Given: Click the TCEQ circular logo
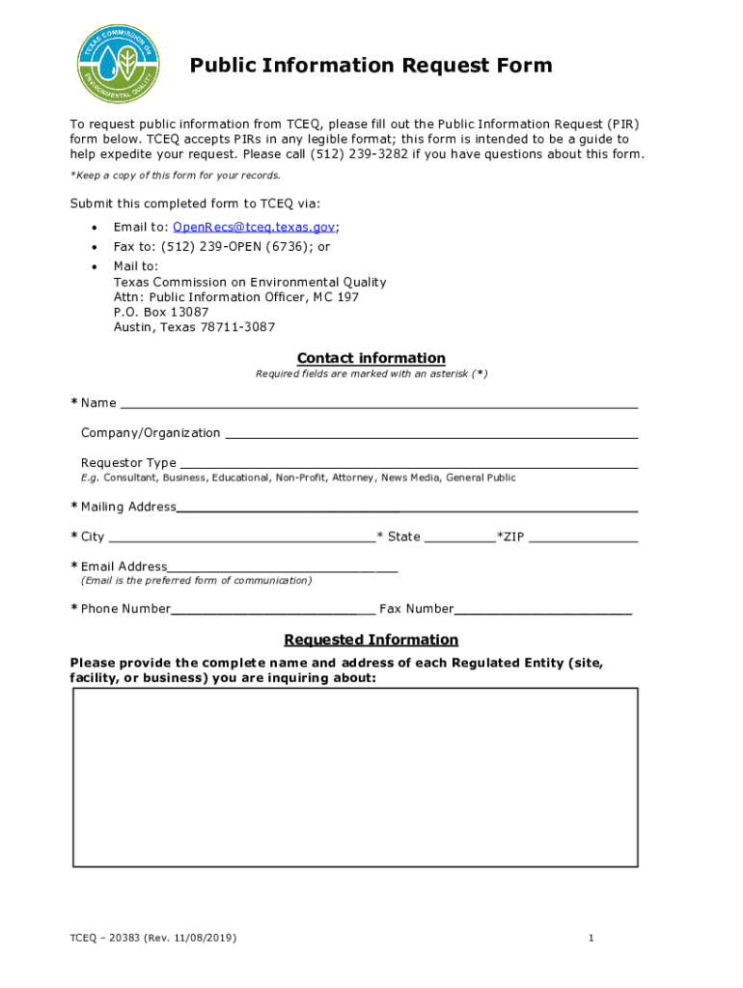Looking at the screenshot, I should (119, 63).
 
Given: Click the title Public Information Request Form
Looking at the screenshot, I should (371, 66).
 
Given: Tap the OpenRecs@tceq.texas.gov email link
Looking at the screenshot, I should (254, 227).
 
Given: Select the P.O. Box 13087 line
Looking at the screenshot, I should (161, 312).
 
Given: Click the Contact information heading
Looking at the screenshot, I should (371, 358).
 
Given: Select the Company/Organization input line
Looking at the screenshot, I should (430, 433).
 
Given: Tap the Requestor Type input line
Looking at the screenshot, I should (408, 462).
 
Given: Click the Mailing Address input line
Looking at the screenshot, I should (406, 507).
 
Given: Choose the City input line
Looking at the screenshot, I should (241, 536).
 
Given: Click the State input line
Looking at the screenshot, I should (459, 536).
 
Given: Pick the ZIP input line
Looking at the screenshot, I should (583, 536).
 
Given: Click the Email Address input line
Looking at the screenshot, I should (282, 566).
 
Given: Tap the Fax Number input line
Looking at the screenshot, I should (543, 609).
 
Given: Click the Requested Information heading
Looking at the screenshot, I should (371, 640).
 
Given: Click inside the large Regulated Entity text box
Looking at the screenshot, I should (355, 777).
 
